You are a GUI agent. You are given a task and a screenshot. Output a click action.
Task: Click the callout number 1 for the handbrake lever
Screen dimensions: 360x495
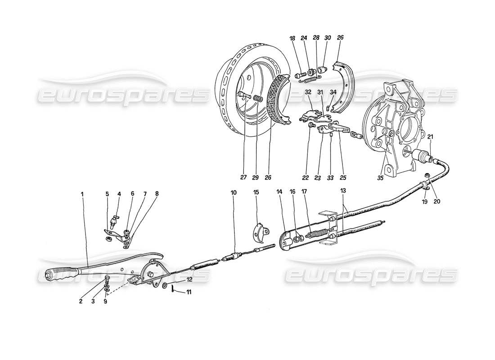click(82, 194)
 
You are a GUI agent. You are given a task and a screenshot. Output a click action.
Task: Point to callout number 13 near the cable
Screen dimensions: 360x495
click(343, 191)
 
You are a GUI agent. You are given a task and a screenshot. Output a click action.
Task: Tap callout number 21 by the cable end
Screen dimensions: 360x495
click(430, 137)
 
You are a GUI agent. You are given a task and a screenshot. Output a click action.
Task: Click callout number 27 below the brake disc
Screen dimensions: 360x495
click(243, 177)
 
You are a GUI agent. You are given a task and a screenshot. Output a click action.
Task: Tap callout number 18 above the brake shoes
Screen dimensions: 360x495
click(292, 39)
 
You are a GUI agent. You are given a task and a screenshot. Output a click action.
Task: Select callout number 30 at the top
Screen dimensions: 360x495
click(327, 39)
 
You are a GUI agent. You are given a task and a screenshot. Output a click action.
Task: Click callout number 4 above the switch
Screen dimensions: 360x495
click(119, 194)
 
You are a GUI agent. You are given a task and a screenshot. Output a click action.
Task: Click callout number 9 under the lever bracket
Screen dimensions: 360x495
click(105, 302)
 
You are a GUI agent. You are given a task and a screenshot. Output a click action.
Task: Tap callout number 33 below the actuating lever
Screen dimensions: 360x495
click(331, 177)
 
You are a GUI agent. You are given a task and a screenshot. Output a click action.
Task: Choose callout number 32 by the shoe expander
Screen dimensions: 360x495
click(308, 92)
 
